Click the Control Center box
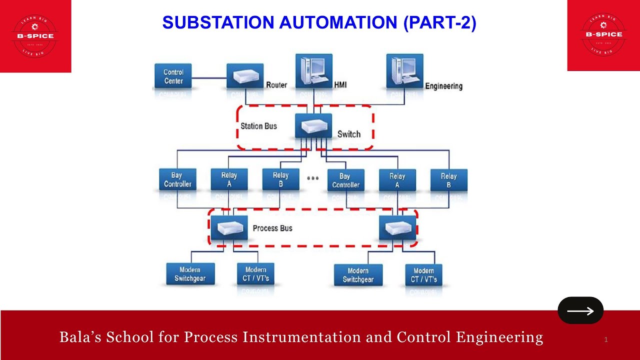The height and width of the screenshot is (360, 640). pos(173,76)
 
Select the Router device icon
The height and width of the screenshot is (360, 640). pos(245,76)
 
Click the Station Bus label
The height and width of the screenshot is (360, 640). pos(258,126)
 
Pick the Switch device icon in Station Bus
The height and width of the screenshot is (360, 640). pos(313,125)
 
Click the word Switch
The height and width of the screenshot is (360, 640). pos(348,134)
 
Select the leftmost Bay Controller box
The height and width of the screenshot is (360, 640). pos(177,179)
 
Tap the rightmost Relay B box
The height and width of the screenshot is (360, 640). pos(448,180)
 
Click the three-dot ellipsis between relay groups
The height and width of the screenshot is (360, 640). pos(312,178)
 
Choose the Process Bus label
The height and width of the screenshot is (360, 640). pos(272,228)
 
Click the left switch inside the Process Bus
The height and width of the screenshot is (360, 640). pos(229,228)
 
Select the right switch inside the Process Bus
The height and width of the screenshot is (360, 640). pos(397,228)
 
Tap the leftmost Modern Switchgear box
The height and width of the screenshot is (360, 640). pos(190,274)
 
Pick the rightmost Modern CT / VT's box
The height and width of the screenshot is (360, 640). pos(423,275)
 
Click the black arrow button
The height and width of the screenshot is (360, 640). pos(580,310)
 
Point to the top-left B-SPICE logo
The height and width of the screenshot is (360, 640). pos(35,35)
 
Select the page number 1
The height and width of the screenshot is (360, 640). pos(605,340)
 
